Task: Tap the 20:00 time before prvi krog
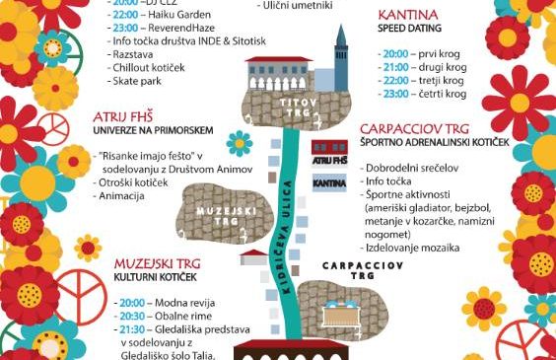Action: click(x=396, y=50)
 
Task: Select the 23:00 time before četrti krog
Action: click(x=396, y=93)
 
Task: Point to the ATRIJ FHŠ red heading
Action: click(x=121, y=115)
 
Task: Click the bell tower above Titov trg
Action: click(x=342, y=54)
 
